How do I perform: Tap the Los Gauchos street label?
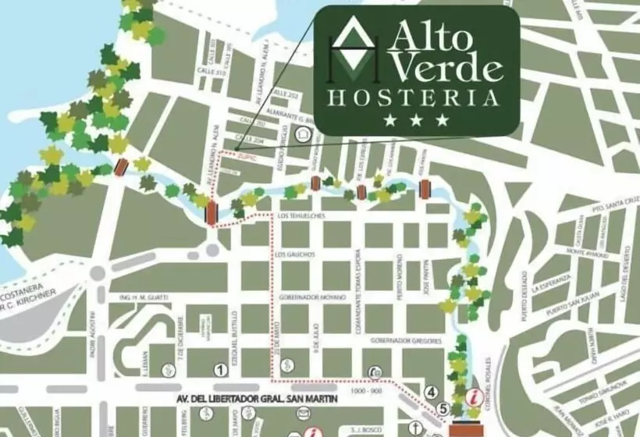pyautogui.click(x=295, y=254)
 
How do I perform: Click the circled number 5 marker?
pyautogui.click(x=443, y=407)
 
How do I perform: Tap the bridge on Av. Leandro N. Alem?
pyautogui.click(x=212, y=213)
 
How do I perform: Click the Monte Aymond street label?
pyautogui.click(x=586, y=252)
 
